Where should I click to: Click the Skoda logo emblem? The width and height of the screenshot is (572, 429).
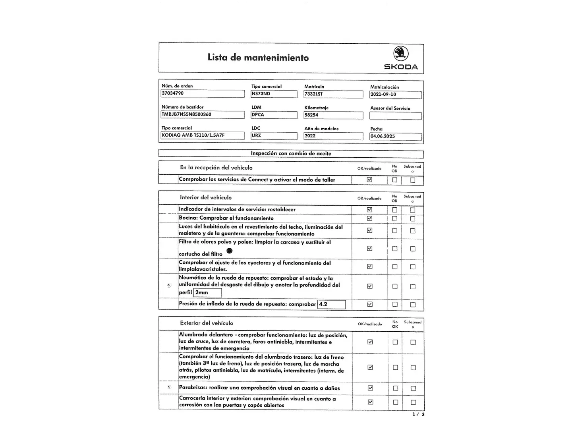[x=401, y=53]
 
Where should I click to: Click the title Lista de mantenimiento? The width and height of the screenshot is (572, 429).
[x=258, y=58]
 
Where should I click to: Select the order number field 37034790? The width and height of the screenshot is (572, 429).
[x=203, y=93]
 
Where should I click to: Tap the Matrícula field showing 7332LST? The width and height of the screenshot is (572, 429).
[x=333, y=94]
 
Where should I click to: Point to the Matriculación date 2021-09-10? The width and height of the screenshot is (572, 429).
[x=395, y=95]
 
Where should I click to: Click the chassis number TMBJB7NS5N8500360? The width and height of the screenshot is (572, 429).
[x=203, y=114]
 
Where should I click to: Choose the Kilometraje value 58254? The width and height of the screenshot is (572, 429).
[x=333, y=115]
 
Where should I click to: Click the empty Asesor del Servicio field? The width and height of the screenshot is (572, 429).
[x=395, y=116]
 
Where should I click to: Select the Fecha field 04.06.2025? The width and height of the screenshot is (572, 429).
[x=395, y=136]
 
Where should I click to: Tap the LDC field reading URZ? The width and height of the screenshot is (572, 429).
[x=274, y=135]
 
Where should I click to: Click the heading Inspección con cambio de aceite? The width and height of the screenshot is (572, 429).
[x=291, y=154]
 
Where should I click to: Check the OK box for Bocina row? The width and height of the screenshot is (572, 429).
[x=370, y=218]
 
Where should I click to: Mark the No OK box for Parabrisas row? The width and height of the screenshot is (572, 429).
[x=395, y=388]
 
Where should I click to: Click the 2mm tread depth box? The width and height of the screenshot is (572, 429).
[x=207, y=293]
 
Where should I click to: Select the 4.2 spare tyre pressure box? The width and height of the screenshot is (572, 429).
[x=332, y=305]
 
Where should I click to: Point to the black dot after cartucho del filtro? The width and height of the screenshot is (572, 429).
[x=229, y=251]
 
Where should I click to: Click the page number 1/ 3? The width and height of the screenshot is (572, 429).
[x=418, y=415]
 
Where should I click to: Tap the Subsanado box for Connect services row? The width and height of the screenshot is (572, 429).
[x=413, y=180]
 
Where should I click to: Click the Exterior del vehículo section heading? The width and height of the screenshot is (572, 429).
[x=207, y=323]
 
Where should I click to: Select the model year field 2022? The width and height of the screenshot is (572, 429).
[x=333, y=136]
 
